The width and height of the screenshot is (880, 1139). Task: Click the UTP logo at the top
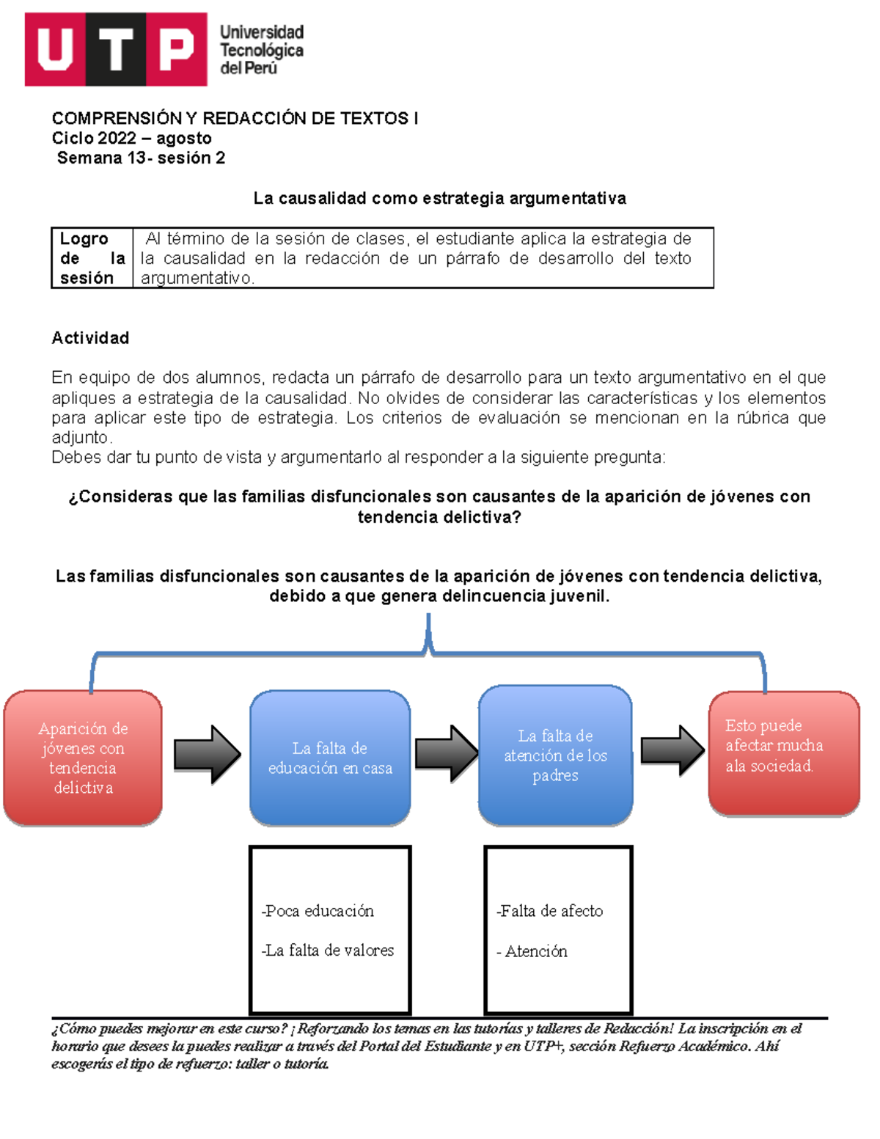(116, 50)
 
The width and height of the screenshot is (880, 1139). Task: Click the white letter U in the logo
(56, 50)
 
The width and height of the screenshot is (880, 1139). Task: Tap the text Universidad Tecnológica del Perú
(261, 50)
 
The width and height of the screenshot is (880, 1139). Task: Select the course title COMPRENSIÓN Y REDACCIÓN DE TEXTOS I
(235, 118)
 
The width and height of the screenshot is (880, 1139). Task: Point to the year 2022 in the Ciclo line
(117, 138)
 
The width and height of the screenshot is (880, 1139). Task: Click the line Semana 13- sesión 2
(141, 158)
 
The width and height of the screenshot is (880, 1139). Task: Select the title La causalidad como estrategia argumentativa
(439, 198)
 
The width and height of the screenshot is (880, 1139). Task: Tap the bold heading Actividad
(90, 338)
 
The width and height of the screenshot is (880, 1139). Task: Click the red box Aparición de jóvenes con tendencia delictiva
(83, 758)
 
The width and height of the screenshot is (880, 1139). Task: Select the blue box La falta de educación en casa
(330, 758)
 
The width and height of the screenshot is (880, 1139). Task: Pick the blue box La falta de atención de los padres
(555, 755)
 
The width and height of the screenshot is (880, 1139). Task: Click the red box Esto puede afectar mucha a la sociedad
(783, 753)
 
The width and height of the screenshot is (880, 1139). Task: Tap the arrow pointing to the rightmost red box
(672, 750)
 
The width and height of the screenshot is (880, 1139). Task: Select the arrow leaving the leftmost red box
(206, 755)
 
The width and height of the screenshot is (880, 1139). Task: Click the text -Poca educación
(318, 911)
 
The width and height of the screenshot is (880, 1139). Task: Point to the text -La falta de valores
(328, 951)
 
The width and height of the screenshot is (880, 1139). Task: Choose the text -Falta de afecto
(550, 911)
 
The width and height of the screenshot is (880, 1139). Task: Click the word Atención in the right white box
(536, 951)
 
